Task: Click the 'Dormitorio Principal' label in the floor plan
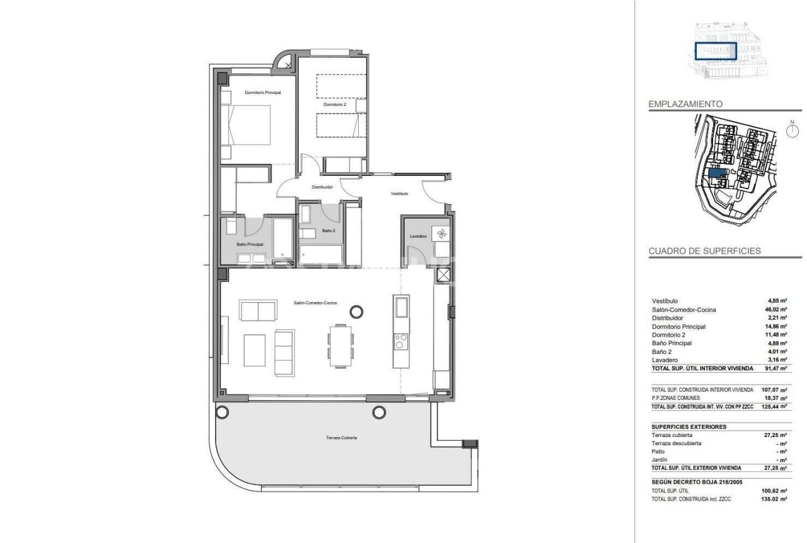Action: (x=262, y=92)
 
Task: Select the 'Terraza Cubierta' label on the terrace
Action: (x=341, y=437)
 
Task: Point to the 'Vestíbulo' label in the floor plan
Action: (x=399, y=194)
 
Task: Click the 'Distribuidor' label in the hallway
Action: (x=322, y=187)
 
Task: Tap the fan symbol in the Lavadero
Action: (x=440, y=233)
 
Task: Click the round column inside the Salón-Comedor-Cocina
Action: (x=356, y=311)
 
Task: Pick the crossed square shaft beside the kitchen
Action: (x=444, y=275)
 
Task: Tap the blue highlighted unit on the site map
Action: (x=716, y=172)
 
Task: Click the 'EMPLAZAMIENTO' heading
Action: (x=685, y=104)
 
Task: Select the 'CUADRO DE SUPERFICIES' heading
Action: (x=704, y=251)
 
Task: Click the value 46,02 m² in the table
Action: (x=774, y=310)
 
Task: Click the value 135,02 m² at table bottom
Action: (x=774, y=498)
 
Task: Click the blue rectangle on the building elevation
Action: (x=716, y=51)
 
